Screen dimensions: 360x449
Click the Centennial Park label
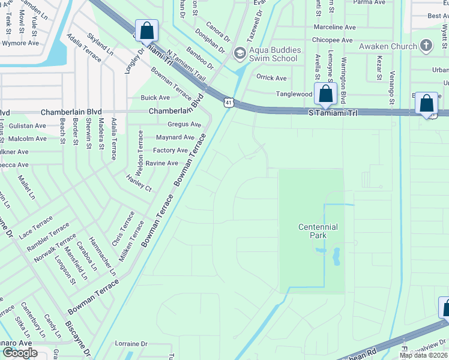click(x=318, y=231)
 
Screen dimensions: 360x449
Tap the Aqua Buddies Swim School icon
click(x=239, y=54)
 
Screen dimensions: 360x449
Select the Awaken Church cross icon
click(x=426, y=46)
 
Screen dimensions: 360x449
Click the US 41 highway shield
click(x=229, y=103)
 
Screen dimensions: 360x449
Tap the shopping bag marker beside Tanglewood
click(x=325, y=94)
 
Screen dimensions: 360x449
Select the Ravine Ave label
click(x=166, y=163)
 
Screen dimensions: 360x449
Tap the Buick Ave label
click(x=155, y=98)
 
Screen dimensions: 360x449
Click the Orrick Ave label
click(x=271, y=78)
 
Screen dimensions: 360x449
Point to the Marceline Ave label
click(x=335, y=27)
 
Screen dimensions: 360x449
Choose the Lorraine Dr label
click(x=131, y=344)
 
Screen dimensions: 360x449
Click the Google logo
click(x=20, y=353)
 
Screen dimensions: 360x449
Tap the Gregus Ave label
click(x=184, y=124)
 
